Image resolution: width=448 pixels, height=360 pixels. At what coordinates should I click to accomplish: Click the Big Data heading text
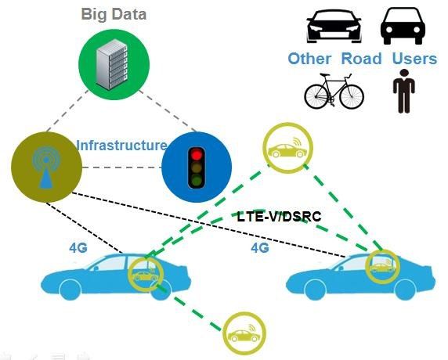point(114,14)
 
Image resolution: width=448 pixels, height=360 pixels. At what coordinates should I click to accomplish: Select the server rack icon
point(112,64)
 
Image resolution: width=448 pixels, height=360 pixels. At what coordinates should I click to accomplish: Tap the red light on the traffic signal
point(197,154)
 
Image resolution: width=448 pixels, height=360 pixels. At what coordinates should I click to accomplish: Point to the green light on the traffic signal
point(197,181)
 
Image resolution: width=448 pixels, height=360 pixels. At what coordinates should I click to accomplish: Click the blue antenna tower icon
point(46,167)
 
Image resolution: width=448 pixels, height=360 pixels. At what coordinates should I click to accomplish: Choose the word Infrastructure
point(121,145)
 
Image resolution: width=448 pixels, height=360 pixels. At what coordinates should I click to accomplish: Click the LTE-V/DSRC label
point(279,217)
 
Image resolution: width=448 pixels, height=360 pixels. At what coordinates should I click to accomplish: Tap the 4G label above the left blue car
point(78,247)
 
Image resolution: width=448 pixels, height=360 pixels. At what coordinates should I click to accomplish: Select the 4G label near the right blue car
point(260,247)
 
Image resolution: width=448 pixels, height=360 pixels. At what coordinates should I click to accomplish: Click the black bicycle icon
point(334,91)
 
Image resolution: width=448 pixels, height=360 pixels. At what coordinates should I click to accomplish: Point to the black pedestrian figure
point(404,91)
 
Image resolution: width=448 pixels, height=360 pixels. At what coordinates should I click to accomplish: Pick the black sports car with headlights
point(334,27)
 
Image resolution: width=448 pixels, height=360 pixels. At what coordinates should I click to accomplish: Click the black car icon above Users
point(403,26)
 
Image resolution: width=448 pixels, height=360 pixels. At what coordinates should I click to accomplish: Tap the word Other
point(309,59)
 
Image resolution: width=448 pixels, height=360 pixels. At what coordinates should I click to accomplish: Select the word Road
point(361,58)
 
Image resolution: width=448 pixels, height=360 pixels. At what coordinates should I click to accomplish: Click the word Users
point(414,58)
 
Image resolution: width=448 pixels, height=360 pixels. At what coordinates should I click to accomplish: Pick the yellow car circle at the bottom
point(244,333)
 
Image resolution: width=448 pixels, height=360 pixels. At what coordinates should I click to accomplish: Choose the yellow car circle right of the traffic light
point(287,148)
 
